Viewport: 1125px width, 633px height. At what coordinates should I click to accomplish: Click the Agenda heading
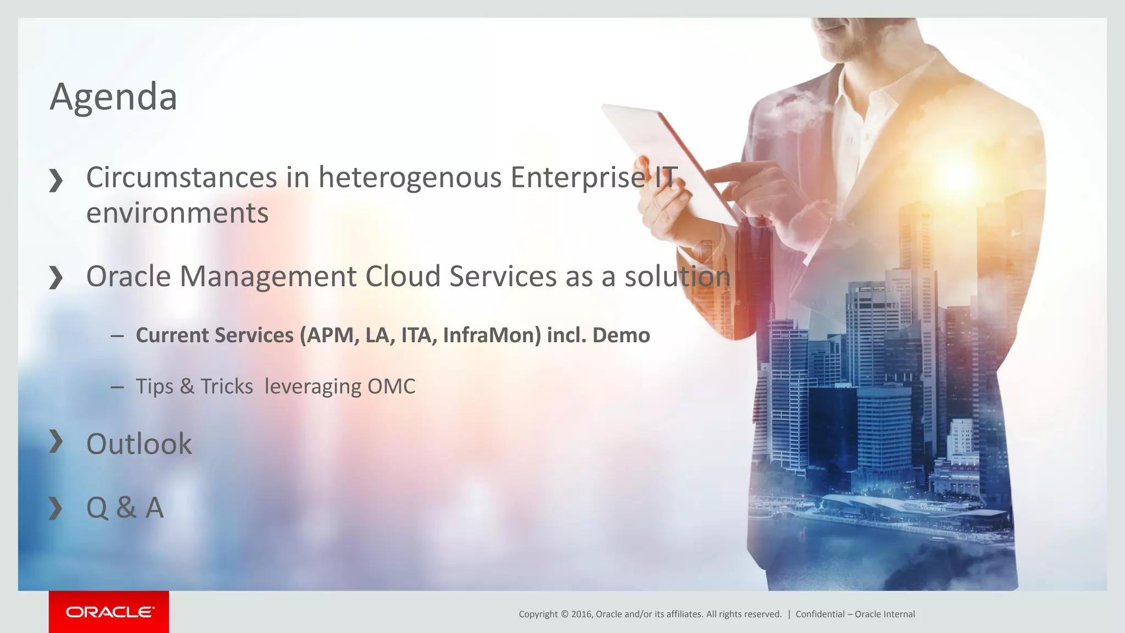(x=113, y=97)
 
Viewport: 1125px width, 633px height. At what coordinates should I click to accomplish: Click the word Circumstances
(x=181, y=177)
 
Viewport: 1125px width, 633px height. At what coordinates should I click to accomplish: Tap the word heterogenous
(x=410, y=177)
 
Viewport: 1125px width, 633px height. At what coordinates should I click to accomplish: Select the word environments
(x=177, y=213)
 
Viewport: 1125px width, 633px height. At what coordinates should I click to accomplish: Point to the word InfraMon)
(x=492, y=335)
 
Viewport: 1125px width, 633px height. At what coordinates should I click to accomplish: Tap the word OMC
(x=391, y=386)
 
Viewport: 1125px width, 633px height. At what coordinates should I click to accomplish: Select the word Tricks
(x=226, y=386)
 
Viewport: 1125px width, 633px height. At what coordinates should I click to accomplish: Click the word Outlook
(x=139, y=444)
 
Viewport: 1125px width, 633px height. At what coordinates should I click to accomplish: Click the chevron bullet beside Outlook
(x=55, y=441)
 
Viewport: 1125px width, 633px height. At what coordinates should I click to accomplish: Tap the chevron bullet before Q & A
(x=55, y=508)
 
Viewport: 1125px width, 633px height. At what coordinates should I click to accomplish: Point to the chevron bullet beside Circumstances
(x=55, y=180)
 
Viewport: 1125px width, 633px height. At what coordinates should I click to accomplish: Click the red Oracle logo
(x=109, y=612)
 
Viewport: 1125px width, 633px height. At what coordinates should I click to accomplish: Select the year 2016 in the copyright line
(x=582, y=614)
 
